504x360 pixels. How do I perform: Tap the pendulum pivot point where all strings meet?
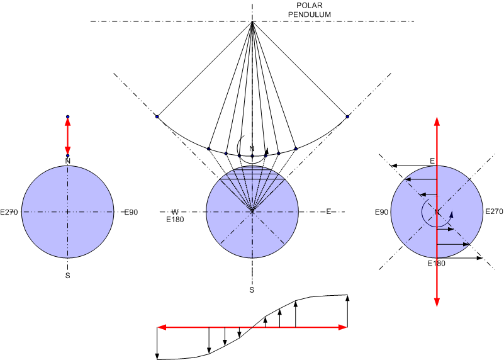point(252,23)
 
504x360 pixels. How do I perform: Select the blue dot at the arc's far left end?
point(157,116)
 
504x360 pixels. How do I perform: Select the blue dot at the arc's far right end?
point(347,116)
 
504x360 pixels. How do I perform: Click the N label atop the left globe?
point(67,161)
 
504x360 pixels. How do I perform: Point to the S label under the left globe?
point(67,274)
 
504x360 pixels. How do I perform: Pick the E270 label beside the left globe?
point(12,212)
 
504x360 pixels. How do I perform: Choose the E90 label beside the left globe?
point(130,212)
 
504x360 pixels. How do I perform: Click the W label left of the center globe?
point(176,211)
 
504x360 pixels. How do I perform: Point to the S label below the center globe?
point(252,290)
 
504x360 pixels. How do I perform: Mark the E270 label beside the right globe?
point(494,211)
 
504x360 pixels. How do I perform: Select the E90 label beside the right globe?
point(381,211)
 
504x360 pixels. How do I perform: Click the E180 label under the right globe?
point(436,263)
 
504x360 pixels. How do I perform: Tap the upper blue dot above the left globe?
point(67,117)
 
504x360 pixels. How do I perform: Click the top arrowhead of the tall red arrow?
point(436,120)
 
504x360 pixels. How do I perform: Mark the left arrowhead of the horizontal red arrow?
point(161,327)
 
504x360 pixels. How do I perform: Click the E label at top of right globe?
point(433,161)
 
